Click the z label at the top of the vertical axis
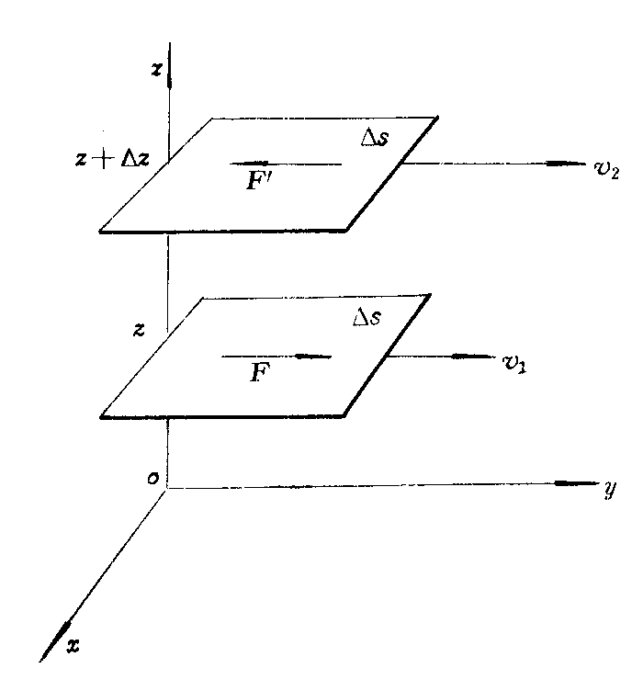tap(156, 70)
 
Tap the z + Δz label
tap(112, 160)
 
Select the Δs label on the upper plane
tap(375, 138)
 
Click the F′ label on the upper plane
tap(258, 180)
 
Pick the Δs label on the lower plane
tap(367, 317)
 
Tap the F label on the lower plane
tap(259, 372)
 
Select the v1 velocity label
tap(514, 363)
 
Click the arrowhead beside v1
tap(465, 357)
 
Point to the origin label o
tap(152, 478)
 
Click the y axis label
tap(611, 490)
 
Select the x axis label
tap(73, 646)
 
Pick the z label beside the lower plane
tap(139, 330)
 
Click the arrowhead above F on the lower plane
tap(309, 357)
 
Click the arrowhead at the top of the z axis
tap(170, 79)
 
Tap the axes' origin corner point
tap(167, 488)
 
